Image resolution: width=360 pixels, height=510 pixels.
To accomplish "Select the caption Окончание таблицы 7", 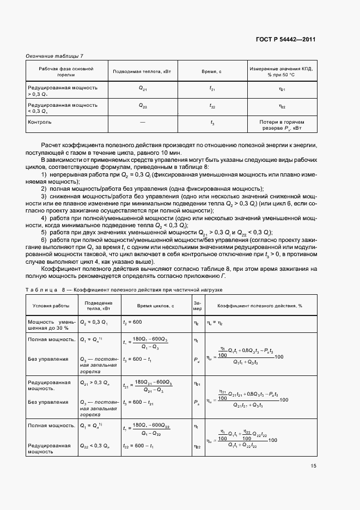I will pyautogui.click(x=54, y=57).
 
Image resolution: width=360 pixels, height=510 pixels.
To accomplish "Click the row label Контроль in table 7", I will pyautogui.click(x=40, y=122).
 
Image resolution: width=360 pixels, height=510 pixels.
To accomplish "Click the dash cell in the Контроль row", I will pyautogui.click(x=142, y=123).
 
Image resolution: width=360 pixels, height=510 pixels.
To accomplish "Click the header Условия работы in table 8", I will pyautogui.click(x=51, y=306).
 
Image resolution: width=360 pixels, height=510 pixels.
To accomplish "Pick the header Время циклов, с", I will pyautogui.click(x=155, y=306).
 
